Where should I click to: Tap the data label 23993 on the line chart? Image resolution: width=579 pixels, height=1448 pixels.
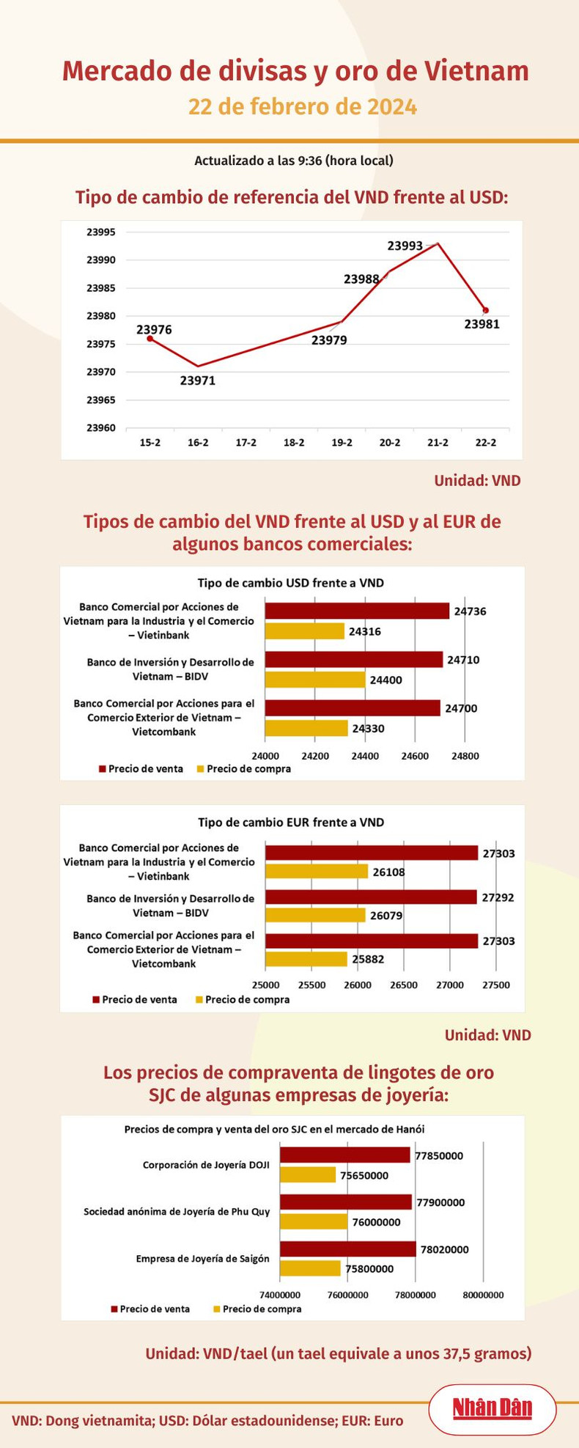click(405, 246)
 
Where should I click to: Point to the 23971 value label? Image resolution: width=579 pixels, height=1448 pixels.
click(198, 381)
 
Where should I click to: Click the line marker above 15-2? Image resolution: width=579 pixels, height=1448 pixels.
click(150, 338)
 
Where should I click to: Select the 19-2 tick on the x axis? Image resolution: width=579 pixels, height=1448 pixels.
click(342, 443)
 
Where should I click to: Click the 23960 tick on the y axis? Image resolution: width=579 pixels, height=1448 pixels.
click(101, 427)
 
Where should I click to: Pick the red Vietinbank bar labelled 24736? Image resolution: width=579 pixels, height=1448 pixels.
click(357, 611)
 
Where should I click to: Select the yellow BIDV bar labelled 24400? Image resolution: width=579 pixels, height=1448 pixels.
click(314, 680)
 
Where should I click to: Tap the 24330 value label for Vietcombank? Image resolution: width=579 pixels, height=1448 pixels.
click(368, 729)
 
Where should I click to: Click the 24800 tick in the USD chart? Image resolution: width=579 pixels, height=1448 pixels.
click(465, 756)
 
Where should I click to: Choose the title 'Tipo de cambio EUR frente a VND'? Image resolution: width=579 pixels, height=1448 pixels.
click(291, 823)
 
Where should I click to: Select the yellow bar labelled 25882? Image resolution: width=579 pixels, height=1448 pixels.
click(306, 959)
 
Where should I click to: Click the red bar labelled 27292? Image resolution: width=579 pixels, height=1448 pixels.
click(371, 897)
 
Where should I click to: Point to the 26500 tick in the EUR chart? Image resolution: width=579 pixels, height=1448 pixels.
click(403, 985)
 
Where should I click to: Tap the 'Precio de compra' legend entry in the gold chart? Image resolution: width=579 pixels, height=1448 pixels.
click(257, 1309)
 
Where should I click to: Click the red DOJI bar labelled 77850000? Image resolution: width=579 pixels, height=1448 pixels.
click(345, 1155)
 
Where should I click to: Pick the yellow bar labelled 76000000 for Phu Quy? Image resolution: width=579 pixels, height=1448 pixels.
click(314, 1222)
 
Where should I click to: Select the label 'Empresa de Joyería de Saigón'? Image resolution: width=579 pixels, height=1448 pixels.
click(203, 1259)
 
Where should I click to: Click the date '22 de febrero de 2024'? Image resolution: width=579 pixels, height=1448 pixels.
click(303, 107)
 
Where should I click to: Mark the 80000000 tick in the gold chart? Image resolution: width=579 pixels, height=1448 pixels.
click(483, 1295)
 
